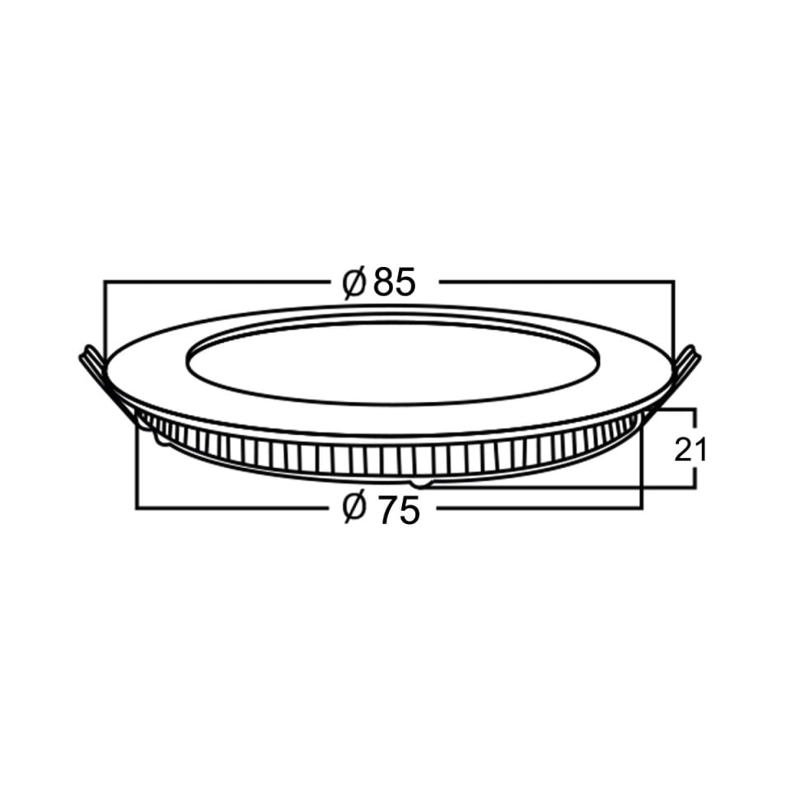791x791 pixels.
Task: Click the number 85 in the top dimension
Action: [x=395, y=282]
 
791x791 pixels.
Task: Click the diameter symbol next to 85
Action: [x=353, y=283]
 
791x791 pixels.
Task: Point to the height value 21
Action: [x=690, y=450]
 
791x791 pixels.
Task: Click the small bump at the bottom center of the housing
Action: [x=421, y=484]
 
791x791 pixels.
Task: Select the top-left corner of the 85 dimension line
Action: [x=104, y=281]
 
